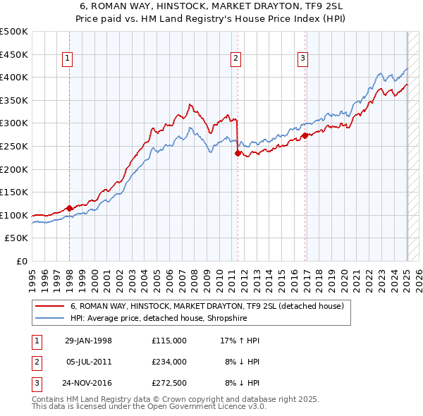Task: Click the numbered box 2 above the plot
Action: [x=236, y=59]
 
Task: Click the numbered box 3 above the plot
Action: [x=303, y=59]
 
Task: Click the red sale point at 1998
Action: [x=70, y=208]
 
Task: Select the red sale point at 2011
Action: [x=238, y=153]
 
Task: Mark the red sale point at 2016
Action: [x=305, y=135]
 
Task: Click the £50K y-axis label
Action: [x=17, y=238]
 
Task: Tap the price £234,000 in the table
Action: [x=169, y=362]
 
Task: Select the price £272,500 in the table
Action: [x=169, y=383]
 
